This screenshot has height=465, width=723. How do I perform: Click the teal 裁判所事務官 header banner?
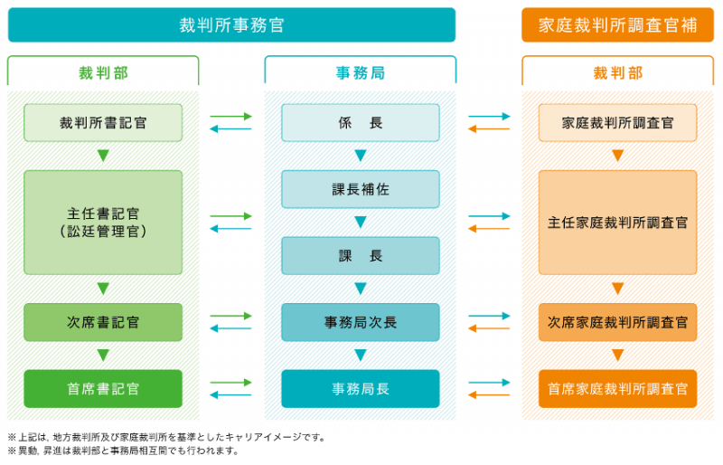click(x=231, y=25)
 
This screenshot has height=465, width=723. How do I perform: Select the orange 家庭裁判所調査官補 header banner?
click(x=617, y=25)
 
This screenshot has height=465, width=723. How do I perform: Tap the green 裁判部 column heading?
click(x=103, y=72)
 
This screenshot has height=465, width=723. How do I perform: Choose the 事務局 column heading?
click(x=360, y=72)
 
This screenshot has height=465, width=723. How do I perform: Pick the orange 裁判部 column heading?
click(x=617, y=72)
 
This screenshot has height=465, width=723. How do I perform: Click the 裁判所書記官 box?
click(x=103, y=122)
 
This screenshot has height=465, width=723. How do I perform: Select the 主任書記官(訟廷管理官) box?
click(x=103, y=223)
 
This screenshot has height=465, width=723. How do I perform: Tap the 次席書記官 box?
click(x=103, y=322)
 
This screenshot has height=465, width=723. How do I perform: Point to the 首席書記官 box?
click(x=103, y=389)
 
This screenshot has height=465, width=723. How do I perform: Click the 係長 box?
click(x=360, y=122)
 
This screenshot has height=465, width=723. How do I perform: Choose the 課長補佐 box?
click(x=360, y=189)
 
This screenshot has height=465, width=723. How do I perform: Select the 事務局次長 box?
click(x=360, y=322)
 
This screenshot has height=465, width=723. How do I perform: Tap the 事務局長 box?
click(x=360, y=389)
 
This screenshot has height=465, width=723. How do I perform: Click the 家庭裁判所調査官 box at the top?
click(x=617, y=122)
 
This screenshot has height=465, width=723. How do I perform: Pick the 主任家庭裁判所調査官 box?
click(x=617, y=223)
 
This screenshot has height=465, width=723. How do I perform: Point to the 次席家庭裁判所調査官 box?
click(x=617, y=322)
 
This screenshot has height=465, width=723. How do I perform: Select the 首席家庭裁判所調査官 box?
click(x=617, y=389)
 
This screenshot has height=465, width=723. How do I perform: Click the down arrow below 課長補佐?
click(x=360, y=223)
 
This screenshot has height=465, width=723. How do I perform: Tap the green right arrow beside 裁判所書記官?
click(x=230, y=117)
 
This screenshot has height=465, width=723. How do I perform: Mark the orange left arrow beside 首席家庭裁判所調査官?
click(x=489, y=395)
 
